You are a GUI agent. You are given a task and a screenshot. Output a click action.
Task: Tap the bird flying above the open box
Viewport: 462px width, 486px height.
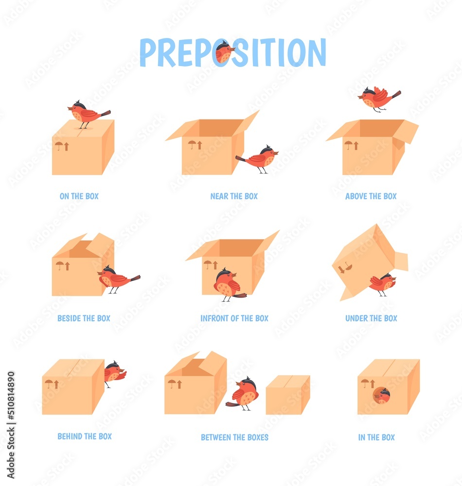[379, 99]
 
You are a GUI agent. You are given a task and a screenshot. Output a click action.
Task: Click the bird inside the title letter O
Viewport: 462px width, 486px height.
[224, 52]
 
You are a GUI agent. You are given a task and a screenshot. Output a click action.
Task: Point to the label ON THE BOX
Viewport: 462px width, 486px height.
[79, 196]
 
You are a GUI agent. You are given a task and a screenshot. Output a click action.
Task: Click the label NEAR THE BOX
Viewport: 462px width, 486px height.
[234, 196]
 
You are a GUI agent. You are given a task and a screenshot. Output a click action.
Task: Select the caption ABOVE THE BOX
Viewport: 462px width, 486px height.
[371, 196]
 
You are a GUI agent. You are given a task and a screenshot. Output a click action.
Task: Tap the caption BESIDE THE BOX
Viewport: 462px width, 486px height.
[84, 318]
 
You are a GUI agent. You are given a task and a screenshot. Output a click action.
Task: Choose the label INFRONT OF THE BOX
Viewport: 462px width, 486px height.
[234, 318]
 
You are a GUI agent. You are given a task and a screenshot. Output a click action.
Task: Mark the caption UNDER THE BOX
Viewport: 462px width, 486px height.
[371, 318]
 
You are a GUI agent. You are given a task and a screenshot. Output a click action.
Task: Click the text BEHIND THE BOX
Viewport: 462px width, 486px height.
[85, 436]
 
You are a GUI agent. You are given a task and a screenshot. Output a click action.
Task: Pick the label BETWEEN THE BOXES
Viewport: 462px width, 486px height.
[234, 437]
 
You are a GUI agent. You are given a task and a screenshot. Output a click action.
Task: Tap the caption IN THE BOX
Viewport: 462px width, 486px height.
[376, 437]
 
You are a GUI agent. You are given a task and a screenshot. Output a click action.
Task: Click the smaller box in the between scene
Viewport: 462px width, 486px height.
[287, 395]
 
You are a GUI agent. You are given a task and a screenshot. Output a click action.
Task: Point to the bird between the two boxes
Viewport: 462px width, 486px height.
[245, 394]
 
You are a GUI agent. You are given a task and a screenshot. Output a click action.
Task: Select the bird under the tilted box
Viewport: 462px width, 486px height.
[383, 283]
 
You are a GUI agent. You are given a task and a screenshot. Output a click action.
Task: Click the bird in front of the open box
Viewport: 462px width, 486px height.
[227, 285]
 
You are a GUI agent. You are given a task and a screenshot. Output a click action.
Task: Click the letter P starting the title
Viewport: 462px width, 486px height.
[148, 52]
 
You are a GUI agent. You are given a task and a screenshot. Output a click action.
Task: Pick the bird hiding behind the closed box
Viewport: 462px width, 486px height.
[114, 373]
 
